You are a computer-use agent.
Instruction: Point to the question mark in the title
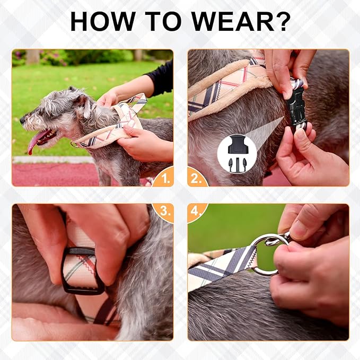click(282, 21)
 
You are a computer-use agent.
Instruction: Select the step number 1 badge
click(164, 178)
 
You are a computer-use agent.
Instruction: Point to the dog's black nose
click(23, 120)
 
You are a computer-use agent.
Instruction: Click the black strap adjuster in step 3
click(83, 271)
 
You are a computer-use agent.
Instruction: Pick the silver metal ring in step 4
click(264, 254)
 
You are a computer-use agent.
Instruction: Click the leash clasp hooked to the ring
click(278, 239)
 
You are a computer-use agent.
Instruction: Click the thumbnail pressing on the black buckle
click(287, 93)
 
